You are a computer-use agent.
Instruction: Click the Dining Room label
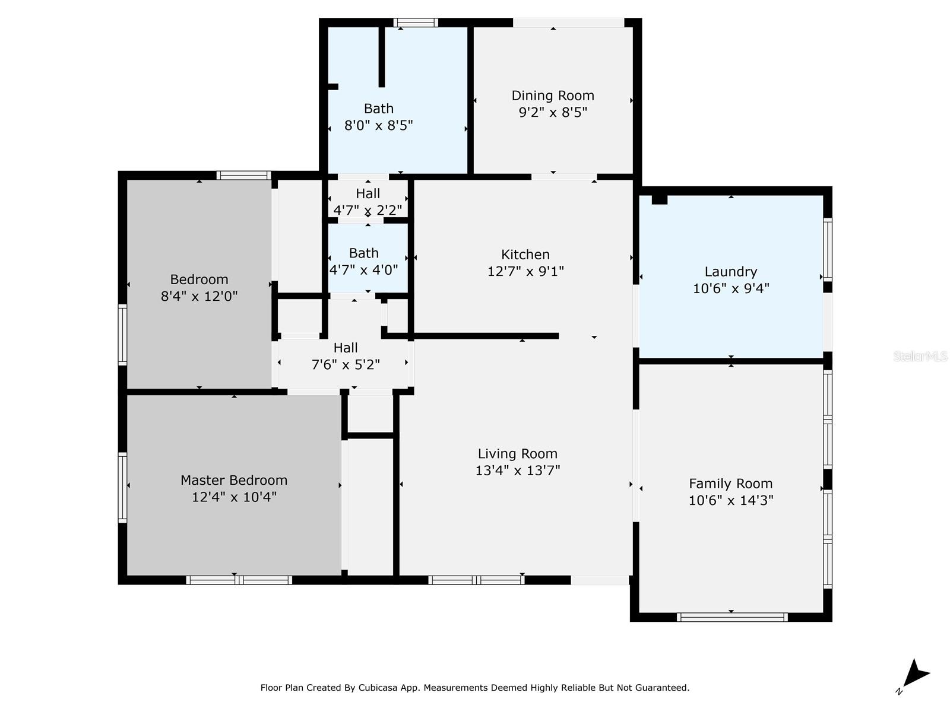tap(553, 96)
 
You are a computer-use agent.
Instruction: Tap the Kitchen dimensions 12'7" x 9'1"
tap(525, 271)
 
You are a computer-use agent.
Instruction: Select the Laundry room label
tap(730, 272)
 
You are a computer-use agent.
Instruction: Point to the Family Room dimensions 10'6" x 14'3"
tap(730, 500)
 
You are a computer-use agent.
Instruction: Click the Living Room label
tap(517, 454)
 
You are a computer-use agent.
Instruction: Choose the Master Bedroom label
tap(234, 480)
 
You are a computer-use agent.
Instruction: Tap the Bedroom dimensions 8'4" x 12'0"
tap(199, 296)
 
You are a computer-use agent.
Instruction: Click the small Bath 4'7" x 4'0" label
tap(363, 253)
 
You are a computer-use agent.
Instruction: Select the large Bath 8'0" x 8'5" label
tap(378, 109)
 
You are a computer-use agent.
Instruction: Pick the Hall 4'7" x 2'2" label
tap(368, 193)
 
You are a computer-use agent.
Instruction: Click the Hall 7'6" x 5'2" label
tap(345, 348)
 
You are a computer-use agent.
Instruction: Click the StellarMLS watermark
tap(920, 357)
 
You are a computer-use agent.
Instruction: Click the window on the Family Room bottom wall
tap(731, 617)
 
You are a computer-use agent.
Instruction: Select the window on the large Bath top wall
tap(416, 23)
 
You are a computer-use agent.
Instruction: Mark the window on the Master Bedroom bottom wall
tap(239, 580)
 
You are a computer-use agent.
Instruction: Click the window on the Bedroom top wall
tap(243, 175)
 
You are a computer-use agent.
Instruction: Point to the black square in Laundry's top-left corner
tap(659, 199)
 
